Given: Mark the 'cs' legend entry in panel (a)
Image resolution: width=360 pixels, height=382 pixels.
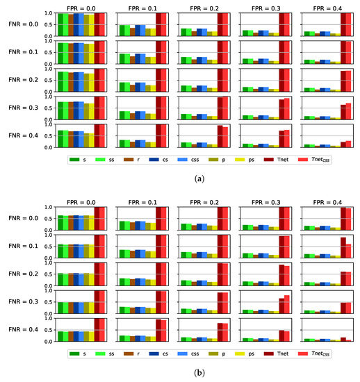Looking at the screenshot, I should click(175, 160).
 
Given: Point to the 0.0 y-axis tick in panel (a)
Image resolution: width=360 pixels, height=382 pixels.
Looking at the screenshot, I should click(50, 147).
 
